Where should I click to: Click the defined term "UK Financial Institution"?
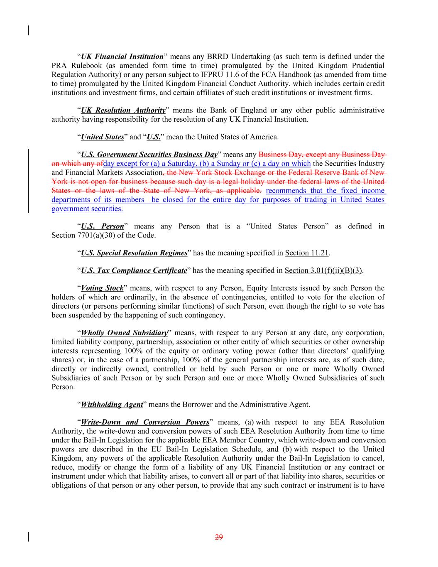point(122,56)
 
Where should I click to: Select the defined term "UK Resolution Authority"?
point(123,110)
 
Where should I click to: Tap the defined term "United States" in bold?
point(102,137)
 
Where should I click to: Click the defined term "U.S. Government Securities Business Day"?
point(149,155)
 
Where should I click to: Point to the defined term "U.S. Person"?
point(102,226)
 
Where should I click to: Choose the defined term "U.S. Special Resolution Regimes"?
point(134,253)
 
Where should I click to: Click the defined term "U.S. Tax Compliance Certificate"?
point(133,271)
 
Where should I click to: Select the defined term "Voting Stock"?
point(102,288)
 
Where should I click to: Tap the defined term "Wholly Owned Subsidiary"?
point(124,333)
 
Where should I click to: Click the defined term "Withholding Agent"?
point(111,405)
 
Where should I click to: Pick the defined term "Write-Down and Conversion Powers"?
point(145,422)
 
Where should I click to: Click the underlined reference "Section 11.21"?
point(307,253)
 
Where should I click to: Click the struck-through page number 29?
point(219,537)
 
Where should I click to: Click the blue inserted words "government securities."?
point(87,209)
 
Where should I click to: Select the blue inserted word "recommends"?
point(285,191)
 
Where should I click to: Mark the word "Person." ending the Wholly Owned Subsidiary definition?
point(63,387)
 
